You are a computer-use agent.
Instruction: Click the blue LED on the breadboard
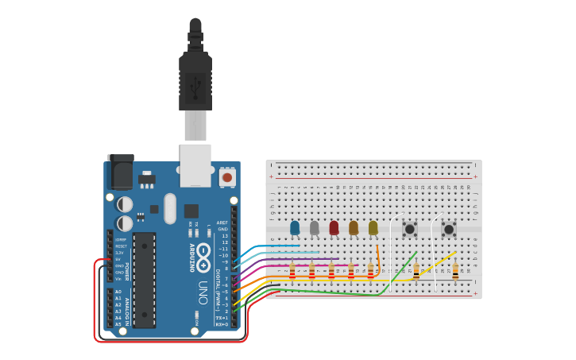(x=295, y=228)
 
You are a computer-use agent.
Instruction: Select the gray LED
(x=315, y=228)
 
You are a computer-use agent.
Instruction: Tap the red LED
(x=334, y=228)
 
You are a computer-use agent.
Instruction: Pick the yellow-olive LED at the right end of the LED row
(x=373, y=228)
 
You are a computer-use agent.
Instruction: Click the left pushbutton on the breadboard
(x=410, y=230)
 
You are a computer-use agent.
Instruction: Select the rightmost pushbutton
(x=449, y=230)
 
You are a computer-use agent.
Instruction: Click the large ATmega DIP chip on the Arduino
(x=144, y=280)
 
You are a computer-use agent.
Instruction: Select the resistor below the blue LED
(x=292, y=273)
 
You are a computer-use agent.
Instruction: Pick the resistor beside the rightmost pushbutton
(x=455, y=273)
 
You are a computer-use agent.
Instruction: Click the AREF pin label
(x=222, y=223)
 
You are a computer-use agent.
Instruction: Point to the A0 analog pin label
(x=118, y=292)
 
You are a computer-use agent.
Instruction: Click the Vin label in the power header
(x=119, y=279)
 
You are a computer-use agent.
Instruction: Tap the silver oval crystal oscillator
(x=169, y=208)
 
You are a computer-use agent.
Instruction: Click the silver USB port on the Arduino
(x=195, y=165)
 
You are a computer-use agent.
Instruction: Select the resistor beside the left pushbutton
(x=416, y=273)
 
